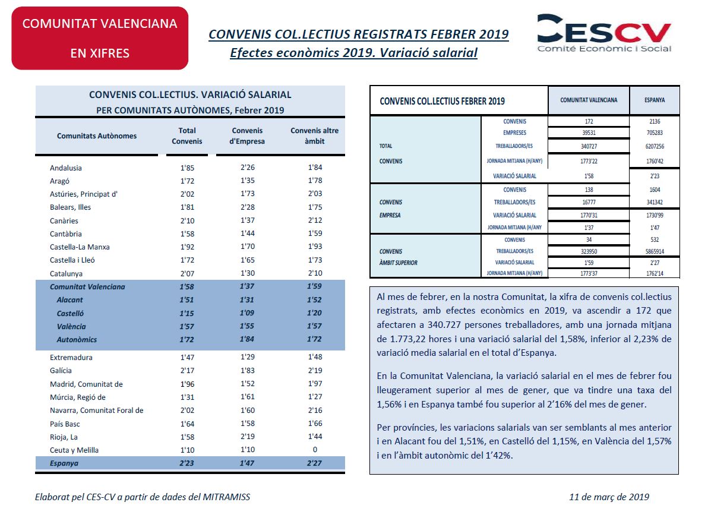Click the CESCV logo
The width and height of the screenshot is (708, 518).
[604, 33]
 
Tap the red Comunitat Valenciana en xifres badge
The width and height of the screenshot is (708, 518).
[100, 39]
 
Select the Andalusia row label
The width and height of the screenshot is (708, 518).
[66, 168]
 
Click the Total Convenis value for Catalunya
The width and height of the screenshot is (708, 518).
[187, 274]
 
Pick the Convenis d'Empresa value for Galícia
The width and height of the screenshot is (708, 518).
[248, 370]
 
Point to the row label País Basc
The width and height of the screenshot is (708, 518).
[65, 424]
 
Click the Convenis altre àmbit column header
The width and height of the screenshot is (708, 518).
[314, 136]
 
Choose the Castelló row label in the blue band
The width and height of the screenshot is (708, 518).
[70, 314]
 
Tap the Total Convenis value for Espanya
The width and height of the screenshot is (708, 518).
[187, 463]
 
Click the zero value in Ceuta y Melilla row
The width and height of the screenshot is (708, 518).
[315, 450]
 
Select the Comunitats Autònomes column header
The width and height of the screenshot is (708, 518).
[97, 136]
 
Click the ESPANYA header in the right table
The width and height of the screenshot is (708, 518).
[655, 100]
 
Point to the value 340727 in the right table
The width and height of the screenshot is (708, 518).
[589, 146]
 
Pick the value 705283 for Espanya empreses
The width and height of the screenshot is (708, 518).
[655, 133]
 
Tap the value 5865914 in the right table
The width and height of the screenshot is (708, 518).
[655, 251]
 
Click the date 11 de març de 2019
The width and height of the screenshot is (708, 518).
[609, 497]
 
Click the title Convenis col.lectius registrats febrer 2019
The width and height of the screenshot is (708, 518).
[359, 34]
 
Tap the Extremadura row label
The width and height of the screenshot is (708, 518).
[71, 358]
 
